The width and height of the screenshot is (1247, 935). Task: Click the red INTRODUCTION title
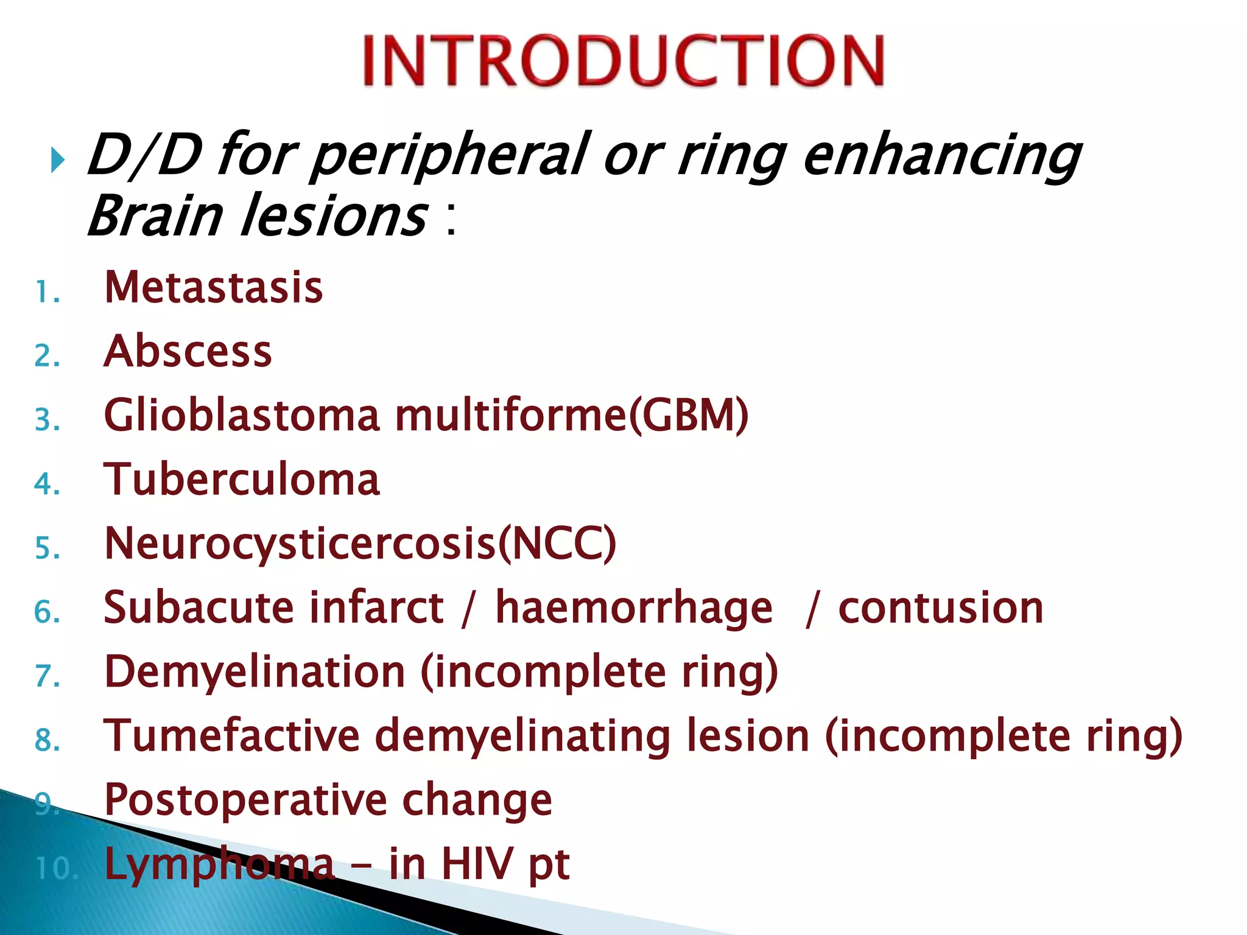[x=623, y=61]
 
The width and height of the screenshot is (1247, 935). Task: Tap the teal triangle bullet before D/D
[x=58, y=161]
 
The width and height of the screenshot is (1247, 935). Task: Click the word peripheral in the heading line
[x=451, y=156]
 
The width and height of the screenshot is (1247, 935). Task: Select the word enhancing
[x=941, y=156]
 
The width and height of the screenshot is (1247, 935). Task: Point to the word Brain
[x=155, y=216]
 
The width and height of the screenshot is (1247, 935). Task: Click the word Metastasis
[x=214, y=287]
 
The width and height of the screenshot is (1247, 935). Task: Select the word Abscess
[x=188, y=351]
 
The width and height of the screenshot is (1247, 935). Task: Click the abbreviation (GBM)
[x=689, y=416]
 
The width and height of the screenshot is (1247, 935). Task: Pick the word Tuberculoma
[x=242, y=480]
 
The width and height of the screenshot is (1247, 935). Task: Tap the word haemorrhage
[x=634, y=608]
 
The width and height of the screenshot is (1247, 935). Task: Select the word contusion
[x=941, y=608]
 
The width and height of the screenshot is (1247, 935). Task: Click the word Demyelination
[x=255, y=672]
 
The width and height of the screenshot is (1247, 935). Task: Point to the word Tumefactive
[x=232, y=736]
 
